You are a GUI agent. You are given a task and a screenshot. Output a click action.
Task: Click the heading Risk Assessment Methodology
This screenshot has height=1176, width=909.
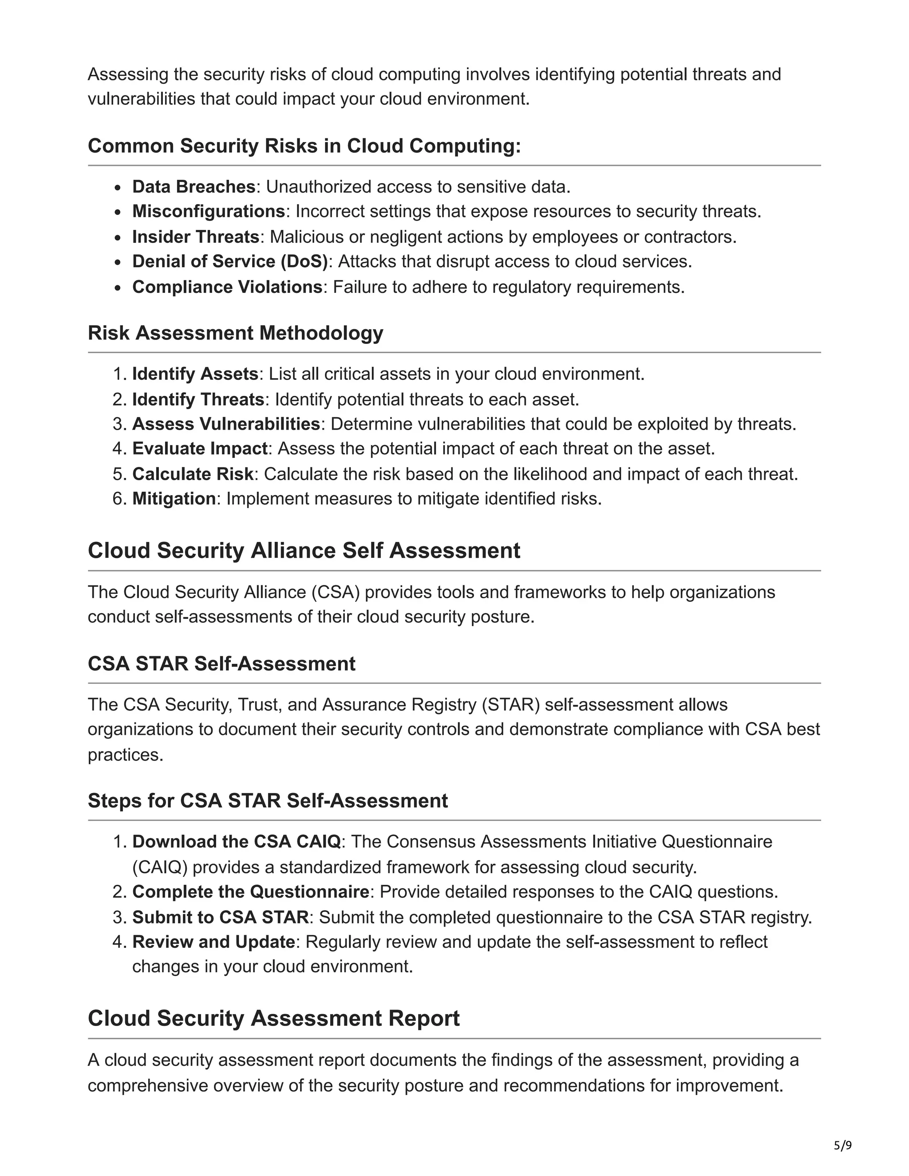point(235,333)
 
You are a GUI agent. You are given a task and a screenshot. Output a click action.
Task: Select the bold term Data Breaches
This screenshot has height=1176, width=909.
point(194,186)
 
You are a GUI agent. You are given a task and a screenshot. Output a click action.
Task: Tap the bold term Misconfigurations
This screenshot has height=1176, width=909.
point(209,211)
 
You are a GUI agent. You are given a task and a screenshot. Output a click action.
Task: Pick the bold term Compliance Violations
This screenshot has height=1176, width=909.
point(227,287)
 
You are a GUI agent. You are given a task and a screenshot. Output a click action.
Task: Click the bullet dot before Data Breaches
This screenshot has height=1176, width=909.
point(119,187)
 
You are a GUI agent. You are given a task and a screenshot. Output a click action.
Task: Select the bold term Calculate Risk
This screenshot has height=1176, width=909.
point(193,474)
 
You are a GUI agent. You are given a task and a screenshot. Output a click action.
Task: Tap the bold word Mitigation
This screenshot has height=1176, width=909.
point(174,499)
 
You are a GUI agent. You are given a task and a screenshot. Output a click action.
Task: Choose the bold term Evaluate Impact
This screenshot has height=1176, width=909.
point(200,449)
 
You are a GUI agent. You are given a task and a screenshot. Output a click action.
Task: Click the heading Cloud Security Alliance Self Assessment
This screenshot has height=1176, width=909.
point(304,550)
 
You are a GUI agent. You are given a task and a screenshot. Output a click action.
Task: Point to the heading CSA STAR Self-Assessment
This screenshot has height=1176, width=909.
point(221,663)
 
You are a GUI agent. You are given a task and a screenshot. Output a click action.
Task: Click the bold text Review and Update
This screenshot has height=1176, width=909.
point(213,942)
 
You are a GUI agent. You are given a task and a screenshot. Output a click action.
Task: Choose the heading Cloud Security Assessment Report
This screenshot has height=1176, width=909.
point(273,1018)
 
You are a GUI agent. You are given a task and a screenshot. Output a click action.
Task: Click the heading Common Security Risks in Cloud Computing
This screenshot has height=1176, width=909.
point(304,146)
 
